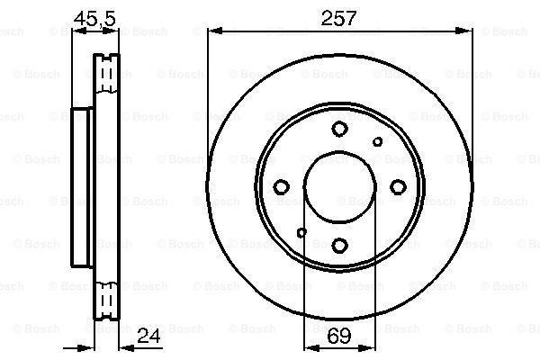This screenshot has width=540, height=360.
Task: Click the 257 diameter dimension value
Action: pyautogui.click(x=340, y=16)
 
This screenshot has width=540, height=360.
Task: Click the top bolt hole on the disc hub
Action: pyautogui.click(x=339, y=129)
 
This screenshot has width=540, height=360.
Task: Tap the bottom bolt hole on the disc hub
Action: pyautogui.click(x=339, y=244)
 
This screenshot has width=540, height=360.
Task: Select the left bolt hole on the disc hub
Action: pyautogui.click(x=282, y=186)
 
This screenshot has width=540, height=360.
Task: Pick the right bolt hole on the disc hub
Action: pyautogui.click(x=397, y=186)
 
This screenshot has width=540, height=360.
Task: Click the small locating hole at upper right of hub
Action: pyautogui.click(x=378, y=140)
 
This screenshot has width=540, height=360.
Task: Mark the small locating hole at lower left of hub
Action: pyautogui.click(x=301, y=233)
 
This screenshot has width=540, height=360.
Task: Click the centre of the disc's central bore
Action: pyautogui.click(x=339, y=186)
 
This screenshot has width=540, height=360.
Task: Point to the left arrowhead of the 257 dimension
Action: pyautogui.click(x=213, y=31)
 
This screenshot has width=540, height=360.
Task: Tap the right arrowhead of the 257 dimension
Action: pyautogui.click(x=467, y=31)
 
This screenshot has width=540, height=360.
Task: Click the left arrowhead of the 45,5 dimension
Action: pyautogui.click(x=76, y=31)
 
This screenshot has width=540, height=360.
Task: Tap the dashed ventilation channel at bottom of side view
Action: pyautogui.click(x=107, y=297)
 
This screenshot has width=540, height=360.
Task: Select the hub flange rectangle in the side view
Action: pyautogui.click(x=82, y=186)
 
